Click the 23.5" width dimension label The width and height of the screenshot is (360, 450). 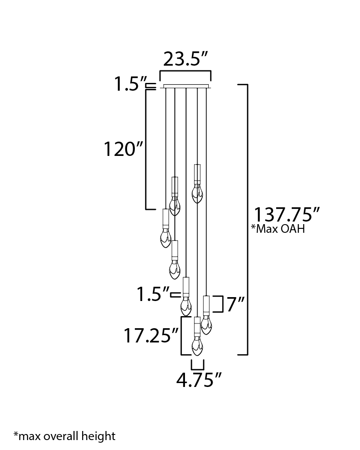tap(185, 59)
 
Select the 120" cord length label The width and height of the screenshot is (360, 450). tap(123, 149)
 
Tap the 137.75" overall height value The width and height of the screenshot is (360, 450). tap(287, 214)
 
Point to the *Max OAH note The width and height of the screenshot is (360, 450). tap(278, 229)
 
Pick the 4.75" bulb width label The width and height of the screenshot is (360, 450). tap(199, 380)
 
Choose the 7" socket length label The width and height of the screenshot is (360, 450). tap(236, 304)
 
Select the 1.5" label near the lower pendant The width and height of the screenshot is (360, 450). tap(153, 295)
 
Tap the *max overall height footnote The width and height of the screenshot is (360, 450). tap(64, 436)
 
